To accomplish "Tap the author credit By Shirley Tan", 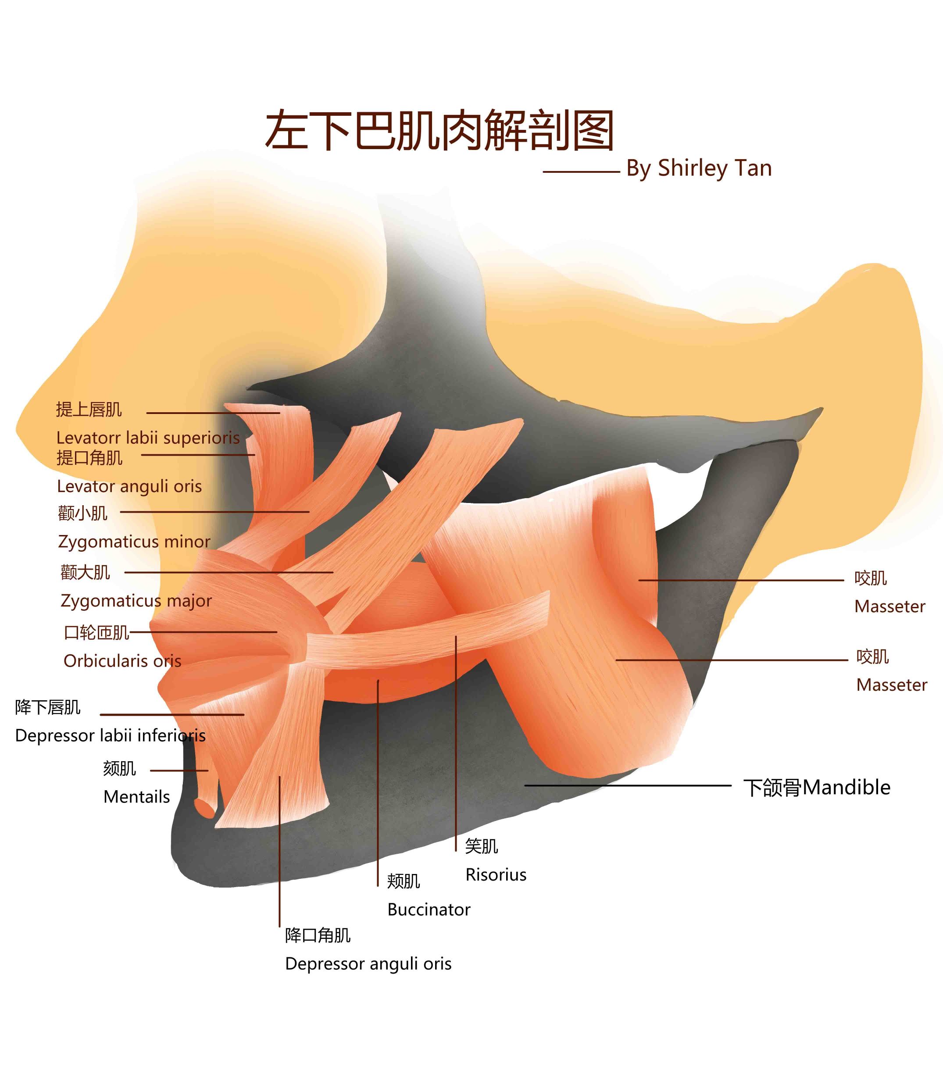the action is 699,168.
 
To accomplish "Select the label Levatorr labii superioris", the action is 148,438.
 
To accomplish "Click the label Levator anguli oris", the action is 129,487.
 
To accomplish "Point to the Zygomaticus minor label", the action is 134,542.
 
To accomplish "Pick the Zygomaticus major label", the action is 136,600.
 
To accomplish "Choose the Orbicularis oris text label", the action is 122,661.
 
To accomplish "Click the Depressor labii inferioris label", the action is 110,735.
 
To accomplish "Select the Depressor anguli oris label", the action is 368,964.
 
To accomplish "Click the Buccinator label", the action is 429,910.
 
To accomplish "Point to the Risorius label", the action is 496,875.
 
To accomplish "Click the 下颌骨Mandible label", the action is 816,788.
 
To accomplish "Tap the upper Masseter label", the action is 889,606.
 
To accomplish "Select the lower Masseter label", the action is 891,685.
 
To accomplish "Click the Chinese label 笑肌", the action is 481,846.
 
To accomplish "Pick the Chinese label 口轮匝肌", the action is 96,632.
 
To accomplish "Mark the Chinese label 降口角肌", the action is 317,935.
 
